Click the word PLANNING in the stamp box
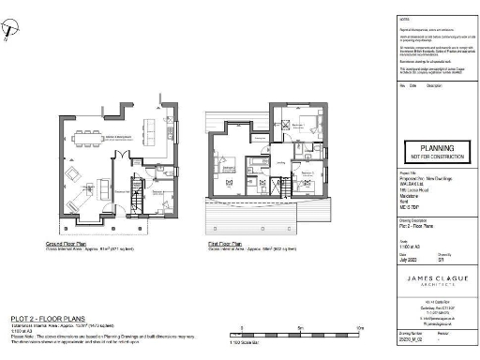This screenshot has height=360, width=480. coord(436,148)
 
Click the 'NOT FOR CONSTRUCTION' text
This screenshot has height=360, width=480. coord(436,157)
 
